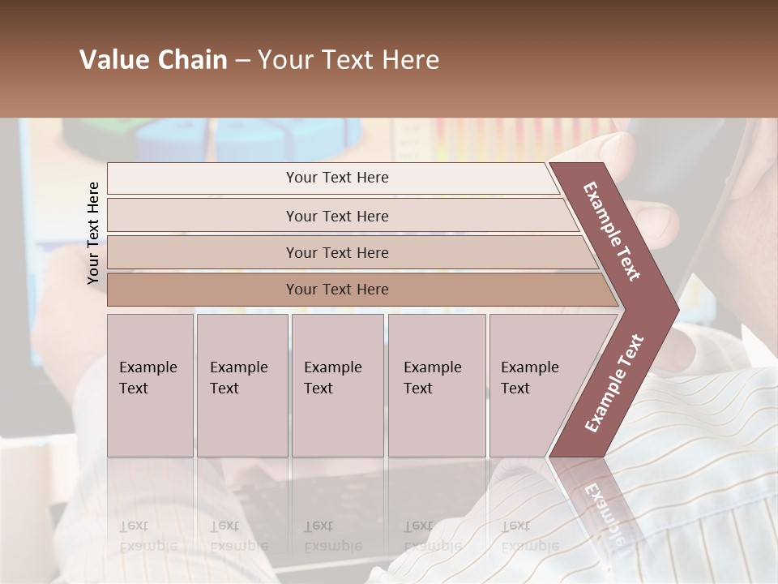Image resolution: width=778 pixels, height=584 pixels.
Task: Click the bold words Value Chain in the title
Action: (153, 60)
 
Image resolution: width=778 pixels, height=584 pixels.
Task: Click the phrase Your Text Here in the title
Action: (348, 60)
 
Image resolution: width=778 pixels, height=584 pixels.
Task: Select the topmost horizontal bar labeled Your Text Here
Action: (336, 178)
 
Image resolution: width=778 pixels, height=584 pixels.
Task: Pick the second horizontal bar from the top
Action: (336, 216)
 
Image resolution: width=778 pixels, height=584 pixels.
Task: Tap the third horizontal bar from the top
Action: (336, 252)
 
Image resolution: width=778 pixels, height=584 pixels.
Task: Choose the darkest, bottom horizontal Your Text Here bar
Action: (336, 290)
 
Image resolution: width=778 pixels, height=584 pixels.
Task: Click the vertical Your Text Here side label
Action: (93, 233)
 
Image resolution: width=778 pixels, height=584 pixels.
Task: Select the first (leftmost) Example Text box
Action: (150, 384)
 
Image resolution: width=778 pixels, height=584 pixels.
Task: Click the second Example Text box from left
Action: (242, 384)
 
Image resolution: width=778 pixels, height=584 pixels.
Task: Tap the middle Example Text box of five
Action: (336, 384)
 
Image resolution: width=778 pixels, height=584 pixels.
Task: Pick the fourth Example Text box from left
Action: (436, 384)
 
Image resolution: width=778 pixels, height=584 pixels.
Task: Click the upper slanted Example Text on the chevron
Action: (612, 231)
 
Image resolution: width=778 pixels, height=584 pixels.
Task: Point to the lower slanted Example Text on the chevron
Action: (614, 384)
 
